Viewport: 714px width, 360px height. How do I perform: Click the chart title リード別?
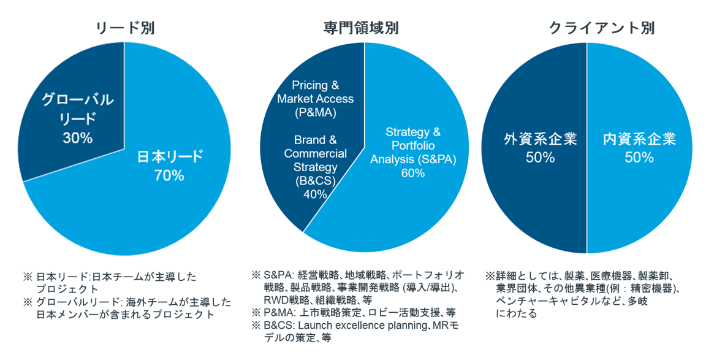pyautogui.click(x=126, y=28)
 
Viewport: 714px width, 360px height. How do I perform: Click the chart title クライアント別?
pyautogui.click(x=601, y=28)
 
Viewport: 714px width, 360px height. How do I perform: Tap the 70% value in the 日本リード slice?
pyautogui.click(x=169, y=175)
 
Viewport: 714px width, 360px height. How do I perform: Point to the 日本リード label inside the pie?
pyautogui.click(x=169, y=157)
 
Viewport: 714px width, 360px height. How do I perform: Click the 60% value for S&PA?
pyautogui.click(x=413, y=173)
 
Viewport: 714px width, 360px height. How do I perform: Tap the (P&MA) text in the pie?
pyautogui.click(x=315, y=112)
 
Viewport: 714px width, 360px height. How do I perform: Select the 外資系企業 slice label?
pyautogui.click(x=540, y=139)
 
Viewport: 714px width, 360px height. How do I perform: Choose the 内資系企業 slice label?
pyautogui.click(x=639, y=139)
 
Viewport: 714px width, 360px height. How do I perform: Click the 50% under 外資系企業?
pyautogui.click(x=540, y=158)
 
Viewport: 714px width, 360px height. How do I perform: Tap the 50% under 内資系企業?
pyautogui.click(x=639, y=158)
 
